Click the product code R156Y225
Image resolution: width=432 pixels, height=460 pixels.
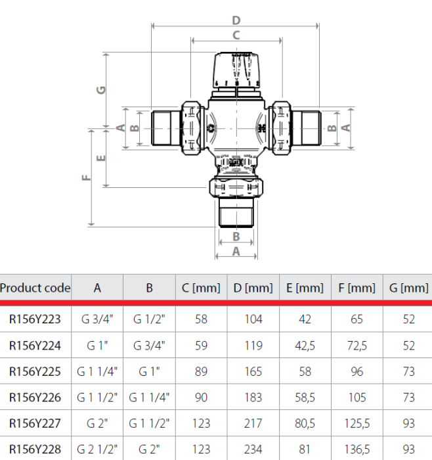(x=35, y=371)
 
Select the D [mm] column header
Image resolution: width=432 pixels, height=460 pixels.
(x=253, y=288)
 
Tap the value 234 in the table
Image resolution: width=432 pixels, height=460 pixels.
(x=253, y=449)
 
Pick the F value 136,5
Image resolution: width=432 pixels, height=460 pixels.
(x=357, y=449)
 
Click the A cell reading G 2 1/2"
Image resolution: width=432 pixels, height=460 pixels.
(x=97, y=449)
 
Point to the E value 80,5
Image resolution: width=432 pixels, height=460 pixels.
(x=305, y=423)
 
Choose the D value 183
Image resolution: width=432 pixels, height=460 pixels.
(x=253, y=398)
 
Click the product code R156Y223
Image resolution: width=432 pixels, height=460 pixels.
(x=35, y=319)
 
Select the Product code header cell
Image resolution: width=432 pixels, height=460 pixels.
(x=35, y=288)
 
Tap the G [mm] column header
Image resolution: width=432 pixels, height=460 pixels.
(x=408, y=288)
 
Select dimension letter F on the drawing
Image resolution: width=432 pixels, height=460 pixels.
(x=86, y=177)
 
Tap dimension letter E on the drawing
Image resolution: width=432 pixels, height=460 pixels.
(x=100, y=158)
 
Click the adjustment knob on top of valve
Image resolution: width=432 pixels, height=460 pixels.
(x=237, y=71)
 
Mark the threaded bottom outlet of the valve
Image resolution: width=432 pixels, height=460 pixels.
(x=236, y=214)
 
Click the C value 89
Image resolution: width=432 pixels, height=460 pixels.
(x=202, y=371)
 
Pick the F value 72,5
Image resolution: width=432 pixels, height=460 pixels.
(x=357, y=345)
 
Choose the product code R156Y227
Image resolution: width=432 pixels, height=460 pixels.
(x=35, y=423)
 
